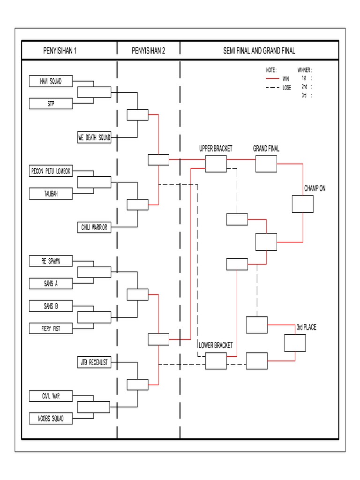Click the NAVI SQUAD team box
(51, 81)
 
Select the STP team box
(51, 104)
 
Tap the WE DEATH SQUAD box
(94, 137)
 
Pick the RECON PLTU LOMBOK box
(51, 171)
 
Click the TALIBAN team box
(51, 194)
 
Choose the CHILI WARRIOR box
(94, 227)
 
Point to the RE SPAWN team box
(51, 261)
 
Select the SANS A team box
(51, 284)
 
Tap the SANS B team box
(51, 306)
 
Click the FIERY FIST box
(51, 329)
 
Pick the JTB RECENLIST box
(94, 362)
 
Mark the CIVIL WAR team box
(51, 396)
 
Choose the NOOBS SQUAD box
(51, 419)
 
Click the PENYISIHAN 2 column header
(148, 51)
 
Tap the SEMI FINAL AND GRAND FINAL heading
(259, 51)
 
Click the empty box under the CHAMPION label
(302, 204)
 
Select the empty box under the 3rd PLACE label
(295, 343)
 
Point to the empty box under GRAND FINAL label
(266, 164)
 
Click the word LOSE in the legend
(286, 87)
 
